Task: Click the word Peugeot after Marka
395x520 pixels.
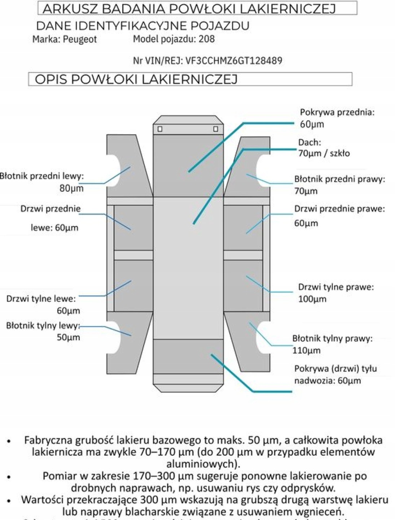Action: pos(80,39)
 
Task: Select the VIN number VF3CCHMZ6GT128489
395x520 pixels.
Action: pos(234,61)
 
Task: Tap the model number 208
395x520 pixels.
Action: pos(207,39)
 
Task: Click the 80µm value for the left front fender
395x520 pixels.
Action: pos(71,188)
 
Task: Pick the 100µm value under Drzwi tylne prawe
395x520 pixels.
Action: pos(312,299)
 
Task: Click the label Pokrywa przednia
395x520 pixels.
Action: pos(337,112)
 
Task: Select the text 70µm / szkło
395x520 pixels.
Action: pos(324,153)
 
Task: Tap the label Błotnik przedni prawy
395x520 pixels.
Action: pos(339,179)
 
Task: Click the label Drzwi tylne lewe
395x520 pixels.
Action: pos(41,299)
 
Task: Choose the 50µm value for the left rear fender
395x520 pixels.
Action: pos(69,337)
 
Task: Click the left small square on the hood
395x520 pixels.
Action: pos(160,129)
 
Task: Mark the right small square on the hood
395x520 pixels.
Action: pos(216,129)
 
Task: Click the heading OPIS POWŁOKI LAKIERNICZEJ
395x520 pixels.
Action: pos(136,79)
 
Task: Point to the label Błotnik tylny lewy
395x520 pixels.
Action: pos(43,326)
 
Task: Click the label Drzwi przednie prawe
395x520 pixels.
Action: pos(339,209)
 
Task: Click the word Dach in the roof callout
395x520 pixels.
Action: pos(309,142)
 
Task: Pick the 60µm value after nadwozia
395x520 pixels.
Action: pos(349,381)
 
